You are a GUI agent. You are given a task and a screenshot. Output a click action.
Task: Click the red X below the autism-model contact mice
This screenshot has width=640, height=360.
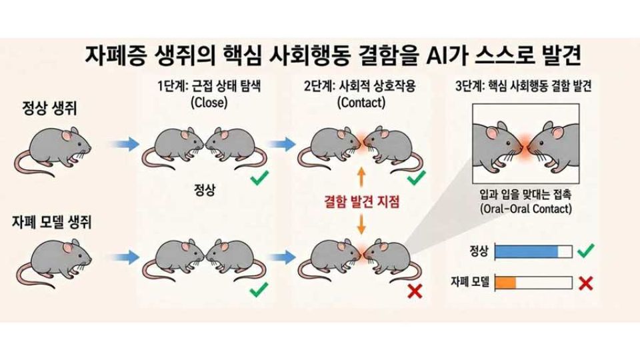point(415,291)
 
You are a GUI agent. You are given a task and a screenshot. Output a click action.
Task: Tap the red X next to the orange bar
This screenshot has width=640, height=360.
point(586,283)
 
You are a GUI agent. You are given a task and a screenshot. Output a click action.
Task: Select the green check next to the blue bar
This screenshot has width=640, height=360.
point(585,251)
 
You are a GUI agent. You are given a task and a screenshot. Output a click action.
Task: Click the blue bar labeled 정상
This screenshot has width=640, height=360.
point(526,251)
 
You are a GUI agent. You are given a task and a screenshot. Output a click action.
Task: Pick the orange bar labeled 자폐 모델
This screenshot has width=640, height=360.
point(505,283)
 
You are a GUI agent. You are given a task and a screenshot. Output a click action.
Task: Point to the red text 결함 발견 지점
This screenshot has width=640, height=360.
point(361,201)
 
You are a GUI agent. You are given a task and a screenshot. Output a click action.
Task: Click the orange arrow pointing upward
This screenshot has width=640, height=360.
point(361,177)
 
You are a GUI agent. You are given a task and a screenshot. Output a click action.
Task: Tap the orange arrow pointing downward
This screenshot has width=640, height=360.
point(361,225)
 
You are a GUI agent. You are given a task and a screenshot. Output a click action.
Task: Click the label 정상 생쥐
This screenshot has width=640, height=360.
point(49,109)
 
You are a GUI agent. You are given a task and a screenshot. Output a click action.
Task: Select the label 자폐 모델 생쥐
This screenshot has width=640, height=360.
point(52,223)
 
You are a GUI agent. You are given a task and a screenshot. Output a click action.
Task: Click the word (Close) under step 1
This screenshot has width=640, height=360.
point(209,102)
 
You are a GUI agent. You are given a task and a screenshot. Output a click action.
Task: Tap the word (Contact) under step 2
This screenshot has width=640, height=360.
point(361,102)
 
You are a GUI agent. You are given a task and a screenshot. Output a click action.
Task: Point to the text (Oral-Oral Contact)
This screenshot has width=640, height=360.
point(526,209)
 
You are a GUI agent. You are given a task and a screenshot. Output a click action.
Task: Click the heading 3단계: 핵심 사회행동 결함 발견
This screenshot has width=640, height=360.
point(523,86)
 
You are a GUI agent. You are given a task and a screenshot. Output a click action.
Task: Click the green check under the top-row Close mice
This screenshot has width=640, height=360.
point(259,178)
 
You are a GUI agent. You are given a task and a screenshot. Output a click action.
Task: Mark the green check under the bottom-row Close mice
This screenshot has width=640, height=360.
point(259,289)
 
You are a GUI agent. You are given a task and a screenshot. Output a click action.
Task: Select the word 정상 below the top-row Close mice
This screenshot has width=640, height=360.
point(205,190)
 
